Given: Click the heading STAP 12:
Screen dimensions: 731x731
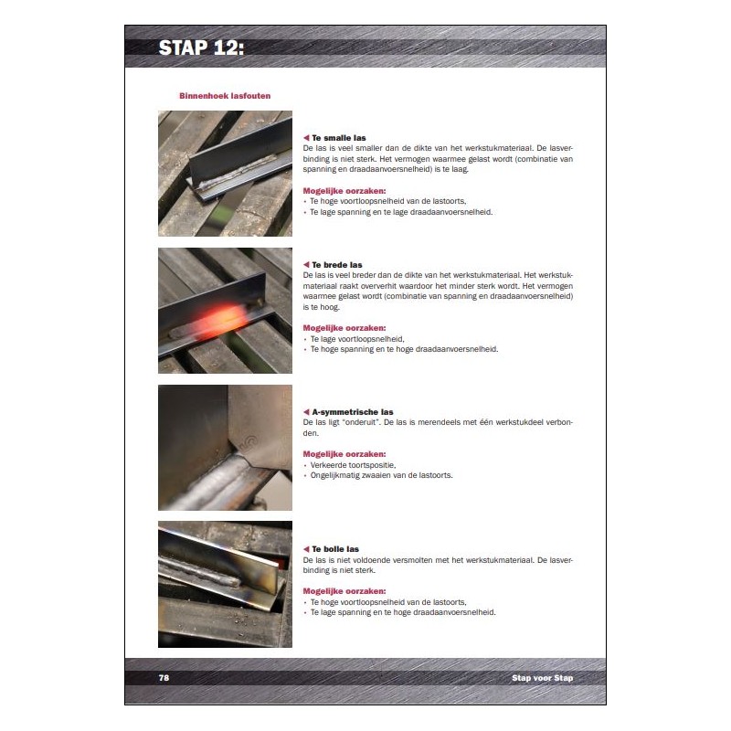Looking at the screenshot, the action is (201, 48).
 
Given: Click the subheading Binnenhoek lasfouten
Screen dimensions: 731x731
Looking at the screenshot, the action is (225, 96).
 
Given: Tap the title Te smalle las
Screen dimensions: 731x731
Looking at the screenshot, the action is (338, 138).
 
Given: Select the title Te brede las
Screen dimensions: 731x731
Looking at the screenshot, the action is (336, 265).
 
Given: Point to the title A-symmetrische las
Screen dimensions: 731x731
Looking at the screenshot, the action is (353, 412).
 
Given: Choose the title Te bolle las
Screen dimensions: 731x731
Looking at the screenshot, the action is (335, 549).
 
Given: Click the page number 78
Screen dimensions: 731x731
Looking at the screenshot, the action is (164, 678).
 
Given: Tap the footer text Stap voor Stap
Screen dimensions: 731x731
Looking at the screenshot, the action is (542, 678).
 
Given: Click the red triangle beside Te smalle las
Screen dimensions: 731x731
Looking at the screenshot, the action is (306, 138).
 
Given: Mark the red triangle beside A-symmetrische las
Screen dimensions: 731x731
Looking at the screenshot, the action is (306, 412).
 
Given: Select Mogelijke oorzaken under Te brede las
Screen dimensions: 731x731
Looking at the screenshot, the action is (344, 328).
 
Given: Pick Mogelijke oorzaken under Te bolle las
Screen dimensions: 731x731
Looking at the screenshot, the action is (344, 591).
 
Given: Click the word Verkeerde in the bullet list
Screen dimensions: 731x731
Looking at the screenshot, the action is (329, 465).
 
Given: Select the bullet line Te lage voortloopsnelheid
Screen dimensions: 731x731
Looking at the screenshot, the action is (357, 339).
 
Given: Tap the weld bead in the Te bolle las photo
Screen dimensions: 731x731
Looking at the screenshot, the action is (200, 571).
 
